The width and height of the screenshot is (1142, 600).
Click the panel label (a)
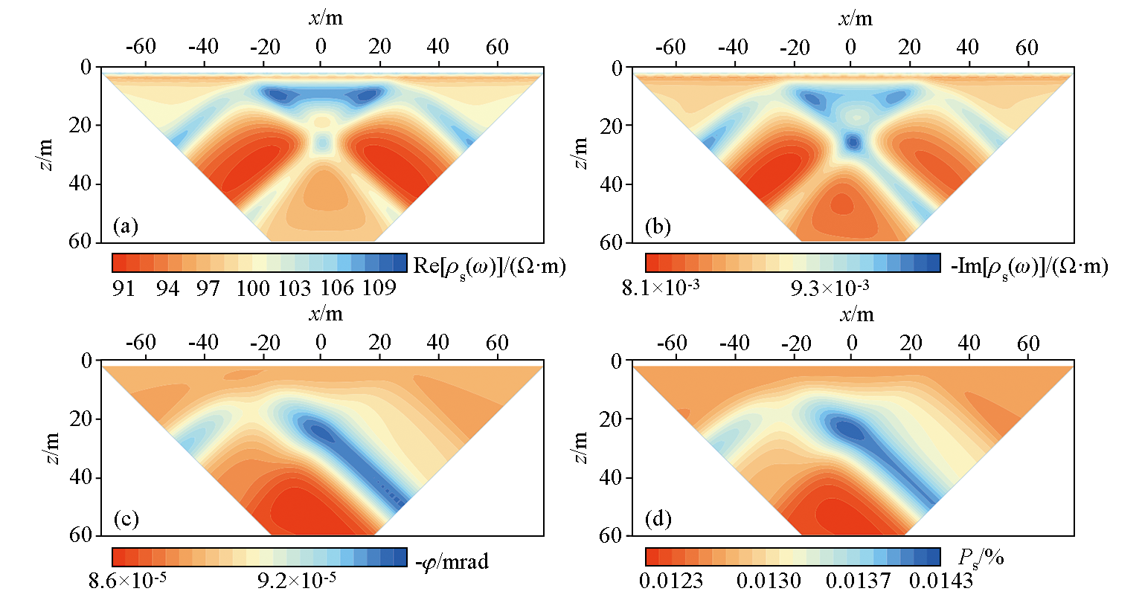(125, 226)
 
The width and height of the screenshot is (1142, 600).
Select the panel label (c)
(125, 519)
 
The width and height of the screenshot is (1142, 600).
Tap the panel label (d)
(658, 519)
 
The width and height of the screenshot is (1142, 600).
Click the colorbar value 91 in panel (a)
(123, 288)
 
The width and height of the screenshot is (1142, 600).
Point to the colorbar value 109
(378, 288)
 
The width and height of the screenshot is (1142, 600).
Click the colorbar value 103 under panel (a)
(294, 288)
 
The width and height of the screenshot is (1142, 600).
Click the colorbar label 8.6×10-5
(127, 579)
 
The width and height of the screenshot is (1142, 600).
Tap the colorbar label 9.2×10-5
(296, 579)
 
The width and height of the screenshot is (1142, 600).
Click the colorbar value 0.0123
(671, 579)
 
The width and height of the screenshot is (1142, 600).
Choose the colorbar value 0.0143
(945, 579)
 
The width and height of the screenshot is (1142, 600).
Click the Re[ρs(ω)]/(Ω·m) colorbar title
(489, 266)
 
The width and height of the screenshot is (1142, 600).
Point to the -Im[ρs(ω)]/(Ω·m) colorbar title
(1030, 266)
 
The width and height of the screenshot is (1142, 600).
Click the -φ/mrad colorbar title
(452, 561)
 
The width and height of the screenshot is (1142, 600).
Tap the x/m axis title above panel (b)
(856, 18)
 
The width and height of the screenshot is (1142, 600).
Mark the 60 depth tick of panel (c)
(82, 535)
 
